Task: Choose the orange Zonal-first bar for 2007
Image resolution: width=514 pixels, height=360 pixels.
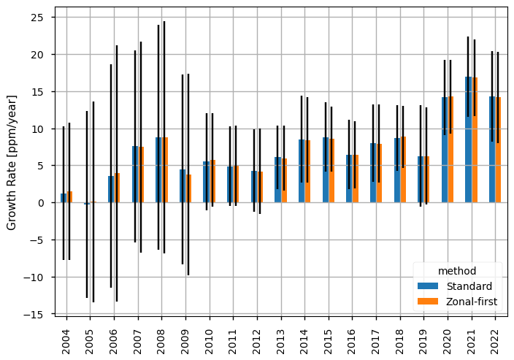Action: [x=140, y=175]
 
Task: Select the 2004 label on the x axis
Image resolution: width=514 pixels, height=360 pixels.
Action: [x=66, y=337]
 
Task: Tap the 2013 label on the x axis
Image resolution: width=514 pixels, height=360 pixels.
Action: [x=281, y=337]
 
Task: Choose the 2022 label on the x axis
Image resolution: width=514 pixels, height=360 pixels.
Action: [x=495, y=337]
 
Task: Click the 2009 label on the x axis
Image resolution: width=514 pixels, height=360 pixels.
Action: [x=185, y=337]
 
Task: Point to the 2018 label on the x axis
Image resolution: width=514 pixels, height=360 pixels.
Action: [x=400, y=337]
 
